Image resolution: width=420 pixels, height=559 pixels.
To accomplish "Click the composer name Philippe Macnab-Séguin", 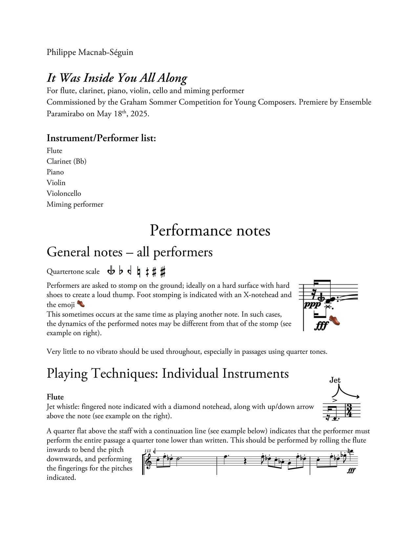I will pyautogui.click(x=90, y=52).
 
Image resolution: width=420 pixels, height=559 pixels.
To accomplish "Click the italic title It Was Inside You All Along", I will pyautogui.click(x=117, y=78).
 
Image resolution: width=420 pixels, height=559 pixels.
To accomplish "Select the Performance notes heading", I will pyautogui.click(x=210, y=231).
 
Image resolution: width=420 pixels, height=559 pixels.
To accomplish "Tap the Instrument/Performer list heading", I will pyautogui.click(x=101, y=138).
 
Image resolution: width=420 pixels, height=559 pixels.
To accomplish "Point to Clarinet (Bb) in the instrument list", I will pyautogui.click(x=66, y=161).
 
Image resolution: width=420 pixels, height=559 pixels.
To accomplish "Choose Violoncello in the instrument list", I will pyautogui.click(x=64, y=193).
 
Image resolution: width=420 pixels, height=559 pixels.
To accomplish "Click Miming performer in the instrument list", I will pyautogui.click(x=75, y=204).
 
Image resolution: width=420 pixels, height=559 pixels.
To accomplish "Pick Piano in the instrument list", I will pyautogui.click(x=55, y=172).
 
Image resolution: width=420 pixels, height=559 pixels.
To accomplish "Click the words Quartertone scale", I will pyautogui.click(x=73, y=272).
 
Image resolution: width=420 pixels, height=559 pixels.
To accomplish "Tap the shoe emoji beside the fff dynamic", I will pyautogui.click(x=334, y=320).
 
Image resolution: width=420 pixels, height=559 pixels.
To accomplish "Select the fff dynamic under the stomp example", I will pyautogui.click(x=321, y=326).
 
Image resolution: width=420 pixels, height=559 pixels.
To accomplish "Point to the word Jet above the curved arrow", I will pyautogui.click(x=335, y=380).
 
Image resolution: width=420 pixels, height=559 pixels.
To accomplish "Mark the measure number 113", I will pyautogui.click(x=147, y=451).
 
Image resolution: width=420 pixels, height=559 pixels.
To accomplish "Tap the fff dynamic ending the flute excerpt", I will pyautogui.click(x=351, y=471).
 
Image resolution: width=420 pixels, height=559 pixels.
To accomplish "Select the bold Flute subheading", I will pyautogui.click(x=55, y=397).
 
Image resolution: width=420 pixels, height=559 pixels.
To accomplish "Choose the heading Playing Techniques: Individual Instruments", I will pyautogui.click(x=168, y=374).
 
